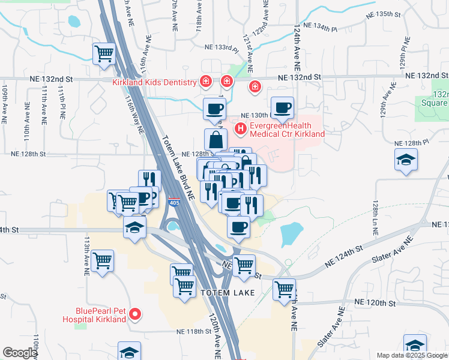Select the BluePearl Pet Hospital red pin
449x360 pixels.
[136, 314]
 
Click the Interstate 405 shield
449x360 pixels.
[175, 202]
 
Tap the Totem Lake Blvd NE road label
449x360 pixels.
[178, 166]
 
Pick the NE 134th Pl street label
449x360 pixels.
[323, 26]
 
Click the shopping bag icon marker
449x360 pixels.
[215, 140]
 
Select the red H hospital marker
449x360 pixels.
[241, 128]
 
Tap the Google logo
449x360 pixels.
[20, 353]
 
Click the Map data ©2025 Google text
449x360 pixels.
[411, 355]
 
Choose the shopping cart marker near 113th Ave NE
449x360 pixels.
[103, 261]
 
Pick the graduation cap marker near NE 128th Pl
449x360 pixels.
[406, 160]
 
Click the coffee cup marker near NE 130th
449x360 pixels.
[283, 108]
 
